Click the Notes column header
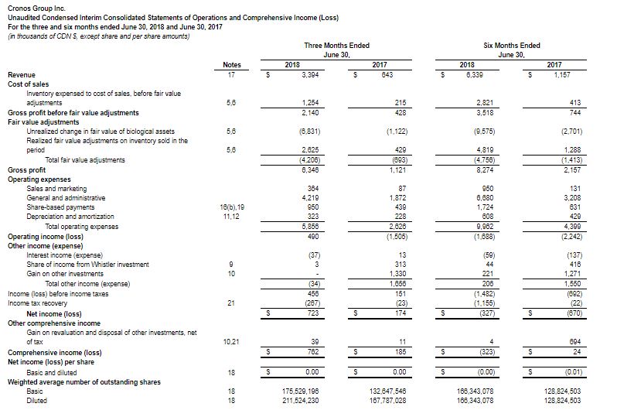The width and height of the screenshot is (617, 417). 231,65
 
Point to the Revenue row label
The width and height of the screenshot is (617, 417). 21,74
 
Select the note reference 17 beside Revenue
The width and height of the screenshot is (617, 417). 231,74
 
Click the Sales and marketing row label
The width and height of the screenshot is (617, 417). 56,189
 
